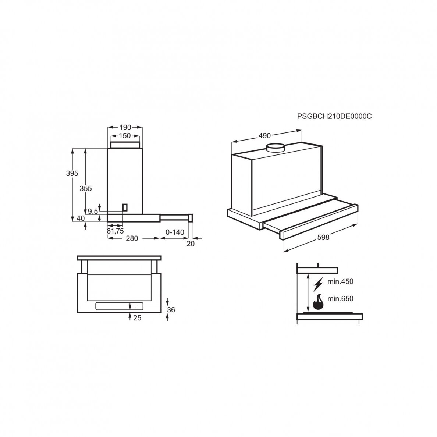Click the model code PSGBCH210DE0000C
[x=334, y=116]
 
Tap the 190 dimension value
[x=125, y=127]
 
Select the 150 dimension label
[x=125, y=136]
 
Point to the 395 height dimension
[x=72, y=173]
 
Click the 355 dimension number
[x=86, y=188]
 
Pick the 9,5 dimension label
[x=93, y=211]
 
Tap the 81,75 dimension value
[x=115, y=231]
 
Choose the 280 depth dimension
[x=132, y=238]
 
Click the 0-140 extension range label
[x=175, y=232]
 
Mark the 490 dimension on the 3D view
[x=264, y=136]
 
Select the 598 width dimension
[x=323, y=238]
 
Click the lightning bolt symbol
[x=319, y=284]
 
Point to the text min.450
[x=340, y=281]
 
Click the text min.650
[x=340, y=299]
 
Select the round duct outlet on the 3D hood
[x=276, y=148]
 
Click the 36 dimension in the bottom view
[x=171, y=310]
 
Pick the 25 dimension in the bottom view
[x=138, y=318]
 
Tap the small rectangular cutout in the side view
[x=125, y=207]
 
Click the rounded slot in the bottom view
[x=119, y=306]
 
